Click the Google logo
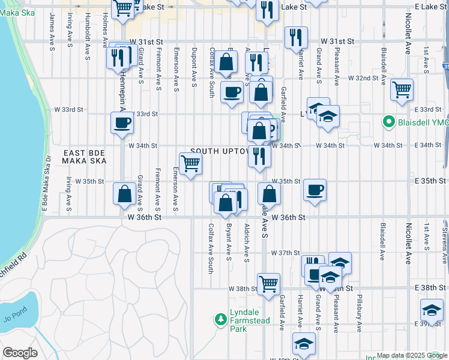pos(20,353)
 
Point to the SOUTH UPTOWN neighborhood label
pos(220,152)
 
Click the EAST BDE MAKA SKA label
pos(85,157)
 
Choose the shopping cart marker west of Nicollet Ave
pos(402,90)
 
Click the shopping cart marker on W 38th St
pos(268,283)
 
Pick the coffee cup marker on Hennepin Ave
pos(122,123)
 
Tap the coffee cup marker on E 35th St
pos(315,190)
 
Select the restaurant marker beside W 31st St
pos(295,37)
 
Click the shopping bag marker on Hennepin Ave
pos(124,194)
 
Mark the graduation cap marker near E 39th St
pos(432,310)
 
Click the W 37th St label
pos(285,253)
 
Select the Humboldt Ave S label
pos(88,27)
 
